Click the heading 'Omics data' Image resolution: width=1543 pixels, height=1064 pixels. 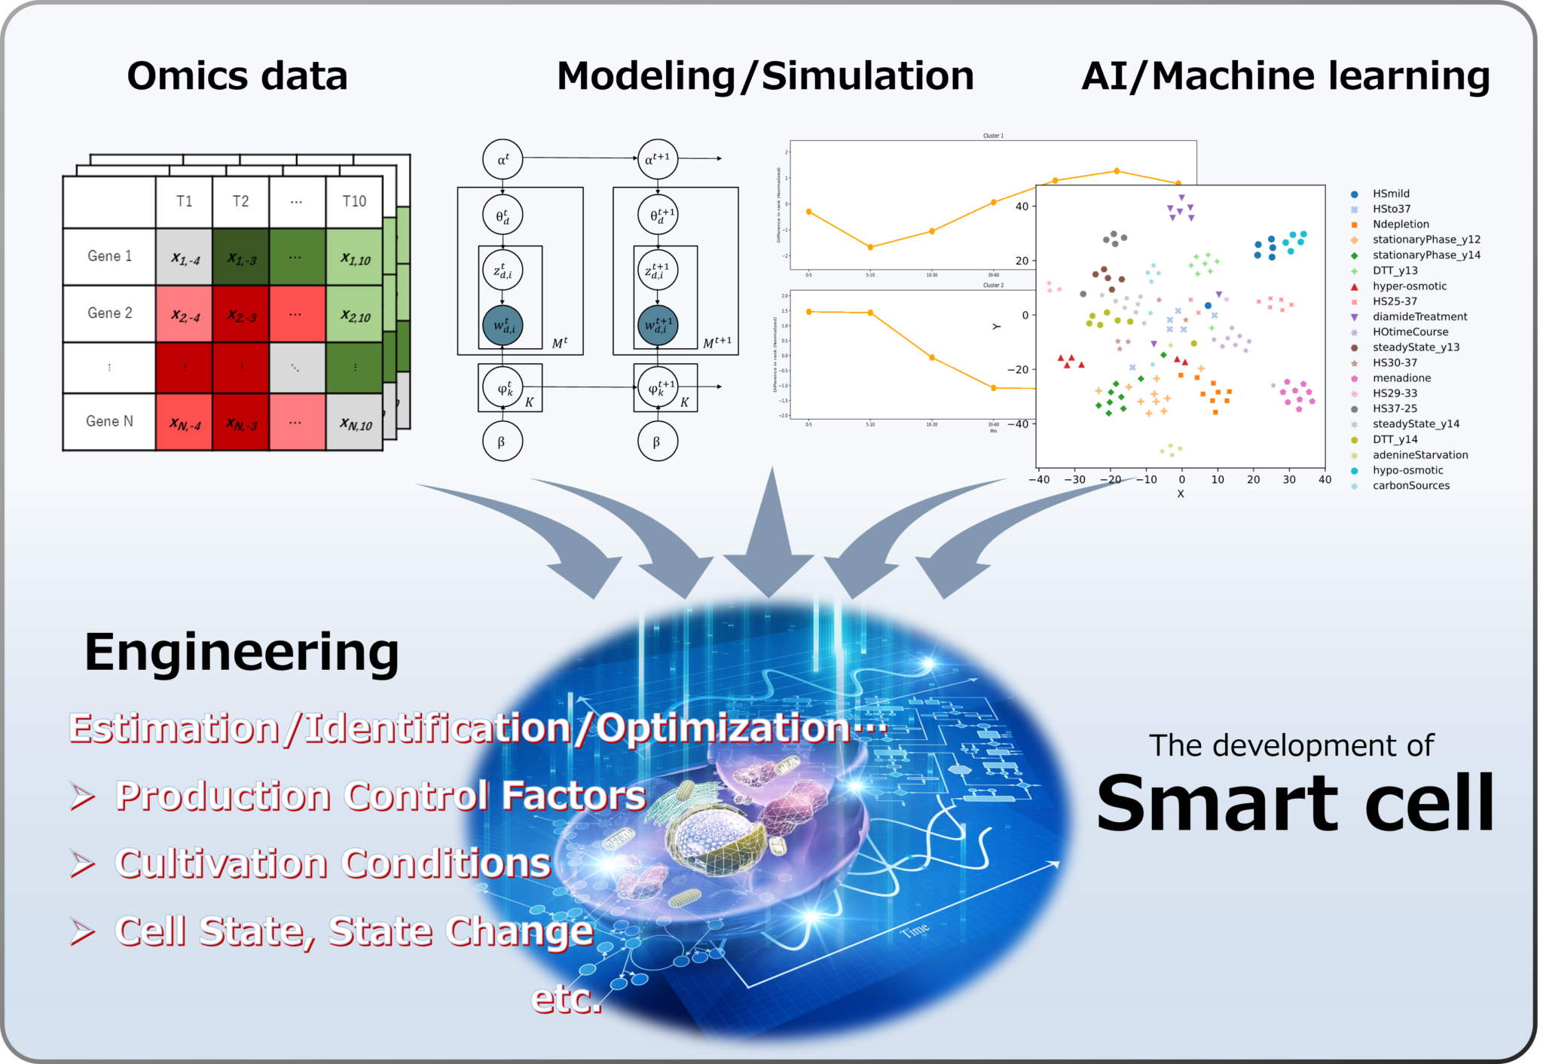(x=237, y=76)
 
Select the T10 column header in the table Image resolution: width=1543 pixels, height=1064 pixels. (x=354, y=201)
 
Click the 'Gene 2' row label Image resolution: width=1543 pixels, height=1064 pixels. (x=109, y=313)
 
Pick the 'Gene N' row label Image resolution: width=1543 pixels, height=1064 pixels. (x=109, y=421)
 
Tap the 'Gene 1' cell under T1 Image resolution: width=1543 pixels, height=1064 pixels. (x=185, y=258)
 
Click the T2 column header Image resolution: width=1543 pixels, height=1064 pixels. (x=240, y=201)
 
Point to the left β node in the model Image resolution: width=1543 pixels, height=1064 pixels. (x=502, y=442)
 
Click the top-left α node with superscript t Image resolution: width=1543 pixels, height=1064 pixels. (x=503, y=159)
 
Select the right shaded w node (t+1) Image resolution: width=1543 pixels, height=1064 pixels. (x=657, y=326)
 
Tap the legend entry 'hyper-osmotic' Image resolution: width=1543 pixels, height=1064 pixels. (x=1409, y=286)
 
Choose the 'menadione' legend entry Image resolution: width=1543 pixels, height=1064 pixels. (x=1401, y=378)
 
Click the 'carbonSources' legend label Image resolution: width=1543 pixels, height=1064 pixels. (x=1410, y=486)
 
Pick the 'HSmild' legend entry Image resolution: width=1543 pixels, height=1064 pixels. (x=1391, y=194)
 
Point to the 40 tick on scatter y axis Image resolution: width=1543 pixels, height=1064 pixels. (x=1022, y=206)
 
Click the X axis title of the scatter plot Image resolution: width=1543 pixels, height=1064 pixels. (x=1181, y=494)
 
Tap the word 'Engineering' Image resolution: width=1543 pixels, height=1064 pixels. (x=241, y=653)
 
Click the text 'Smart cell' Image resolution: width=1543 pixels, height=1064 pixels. (x=1294, y=804)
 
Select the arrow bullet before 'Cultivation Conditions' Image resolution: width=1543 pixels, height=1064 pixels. (x=83, y=864)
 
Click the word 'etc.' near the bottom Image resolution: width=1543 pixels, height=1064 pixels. (x=567, y=999)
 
